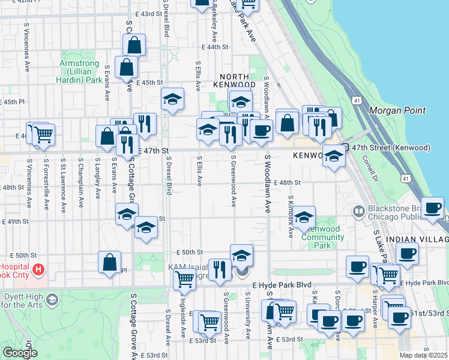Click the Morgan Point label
[x=397, y=110]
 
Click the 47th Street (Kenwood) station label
[x=391, y=148]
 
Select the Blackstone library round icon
[x=358, y=211]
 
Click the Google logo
[x=19, y=353]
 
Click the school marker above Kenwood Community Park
[x=304, y=217]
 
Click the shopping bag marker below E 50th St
[x=109, y=262]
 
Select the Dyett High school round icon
[x=52, y=299]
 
